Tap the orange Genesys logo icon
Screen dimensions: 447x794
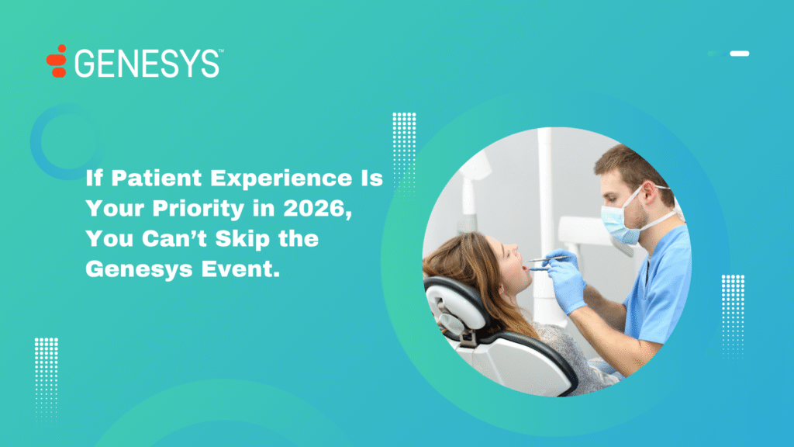pos(57,61)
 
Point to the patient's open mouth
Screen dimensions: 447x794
pos(526,267)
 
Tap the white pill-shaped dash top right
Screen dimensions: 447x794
pos(740,54)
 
